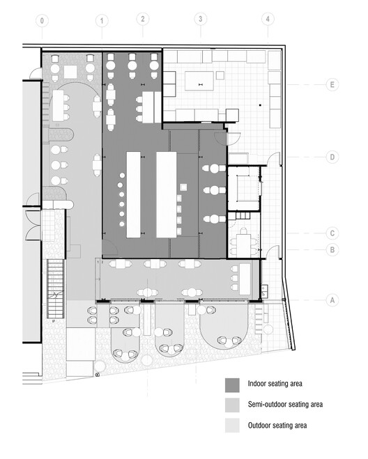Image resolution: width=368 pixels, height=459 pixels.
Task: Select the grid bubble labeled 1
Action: [102, 21]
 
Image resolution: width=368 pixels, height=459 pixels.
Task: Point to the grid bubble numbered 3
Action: [200, 20]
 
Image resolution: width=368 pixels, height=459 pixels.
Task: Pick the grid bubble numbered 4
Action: [266, 20]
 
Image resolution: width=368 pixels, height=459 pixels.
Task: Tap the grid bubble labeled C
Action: [332, 233]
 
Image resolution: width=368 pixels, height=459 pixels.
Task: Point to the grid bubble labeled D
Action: [332, 157]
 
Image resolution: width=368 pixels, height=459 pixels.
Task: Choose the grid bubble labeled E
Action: [332, 85]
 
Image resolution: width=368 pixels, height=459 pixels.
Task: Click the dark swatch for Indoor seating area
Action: [232, 384]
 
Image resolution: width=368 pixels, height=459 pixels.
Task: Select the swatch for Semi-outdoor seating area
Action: [232, 404]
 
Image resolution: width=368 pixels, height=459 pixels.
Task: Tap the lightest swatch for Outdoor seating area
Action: [232, 425]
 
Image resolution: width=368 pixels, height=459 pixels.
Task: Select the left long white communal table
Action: [135, 193]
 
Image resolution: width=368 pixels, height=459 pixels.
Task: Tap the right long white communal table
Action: [166, 193]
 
